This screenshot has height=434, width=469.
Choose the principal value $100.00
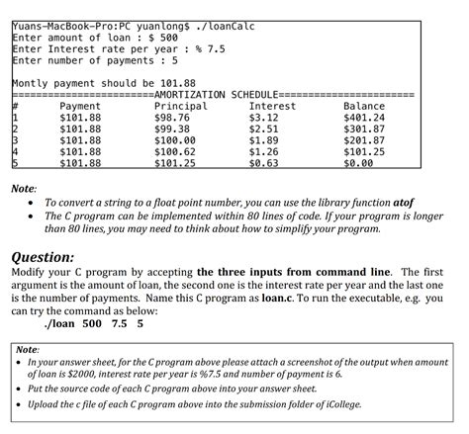[x=179, y=141]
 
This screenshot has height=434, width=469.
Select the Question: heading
[x=42, y=254]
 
